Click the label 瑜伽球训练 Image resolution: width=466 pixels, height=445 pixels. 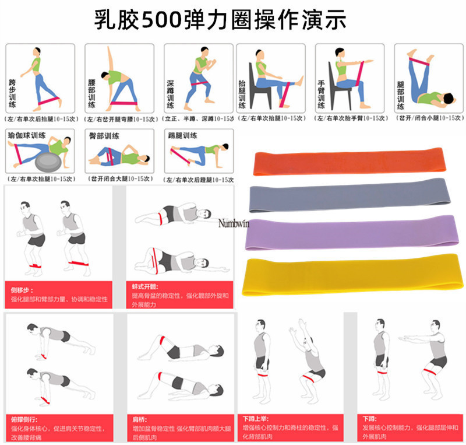point(27,135)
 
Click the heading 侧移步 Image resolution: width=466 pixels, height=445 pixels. point(19,289)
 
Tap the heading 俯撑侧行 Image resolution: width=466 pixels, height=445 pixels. point(22,419)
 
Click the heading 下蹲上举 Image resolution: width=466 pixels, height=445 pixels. point(256,419)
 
